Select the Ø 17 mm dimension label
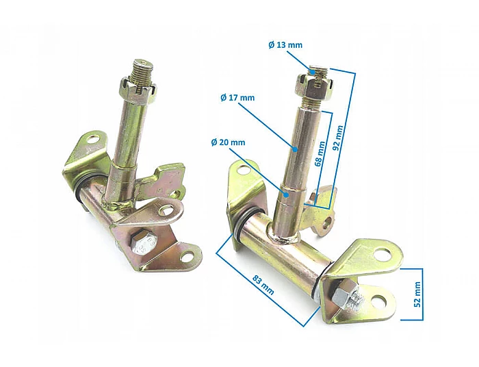237,98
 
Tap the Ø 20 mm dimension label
228,142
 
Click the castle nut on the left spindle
139,88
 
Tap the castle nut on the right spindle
313,85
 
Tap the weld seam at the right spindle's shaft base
287,237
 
